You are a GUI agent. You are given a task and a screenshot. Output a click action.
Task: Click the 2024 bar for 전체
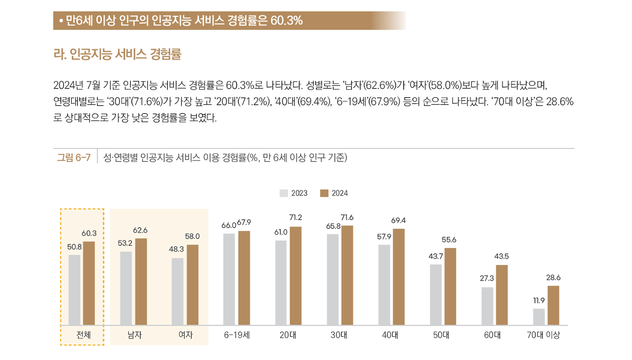[x=89, y=283]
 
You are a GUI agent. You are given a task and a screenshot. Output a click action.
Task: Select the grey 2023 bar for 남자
[x=126, y=288]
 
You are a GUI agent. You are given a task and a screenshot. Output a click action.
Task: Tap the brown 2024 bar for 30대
[x=347, y=275]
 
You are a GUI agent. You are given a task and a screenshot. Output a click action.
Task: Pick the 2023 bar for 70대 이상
[x=539, y=317]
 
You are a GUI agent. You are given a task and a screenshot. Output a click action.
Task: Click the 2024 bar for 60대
[x=502, y=295]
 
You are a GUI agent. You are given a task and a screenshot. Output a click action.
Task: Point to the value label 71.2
[x=295, y=218]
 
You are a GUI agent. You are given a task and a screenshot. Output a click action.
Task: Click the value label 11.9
[x=539, y=301]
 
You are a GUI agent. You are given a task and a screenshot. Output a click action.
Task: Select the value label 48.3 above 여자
[x=176, y=249]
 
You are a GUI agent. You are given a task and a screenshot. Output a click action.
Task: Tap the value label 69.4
[x=399, y=221]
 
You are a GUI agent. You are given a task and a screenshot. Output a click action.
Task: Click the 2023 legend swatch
[x=284, y=193]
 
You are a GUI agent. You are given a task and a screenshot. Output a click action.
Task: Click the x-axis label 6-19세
[x=237, y=335]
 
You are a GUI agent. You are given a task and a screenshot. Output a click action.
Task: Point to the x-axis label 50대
[x=441, y=335]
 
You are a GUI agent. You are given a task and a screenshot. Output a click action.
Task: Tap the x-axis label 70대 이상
[x=544, y=335]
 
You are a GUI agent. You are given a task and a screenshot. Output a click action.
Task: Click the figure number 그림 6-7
[x=74, y=158]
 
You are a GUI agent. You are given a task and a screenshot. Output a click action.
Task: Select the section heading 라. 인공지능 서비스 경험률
[x=117, y=54]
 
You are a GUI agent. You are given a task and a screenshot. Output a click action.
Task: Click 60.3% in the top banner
[x=286, y=21]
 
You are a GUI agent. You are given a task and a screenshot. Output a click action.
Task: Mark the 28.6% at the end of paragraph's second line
[x=560, y=102]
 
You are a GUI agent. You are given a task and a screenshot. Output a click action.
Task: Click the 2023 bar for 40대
[x=384, y=285]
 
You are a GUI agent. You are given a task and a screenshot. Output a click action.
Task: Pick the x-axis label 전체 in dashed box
[x=83, y=335]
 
